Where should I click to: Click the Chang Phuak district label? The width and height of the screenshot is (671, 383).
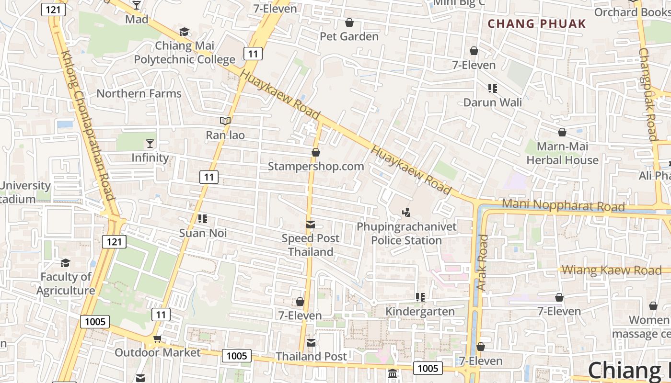click(537, 23)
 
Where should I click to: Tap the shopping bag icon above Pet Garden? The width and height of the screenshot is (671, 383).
click(349, 23)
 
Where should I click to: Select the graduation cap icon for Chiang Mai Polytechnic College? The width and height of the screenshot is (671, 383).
click(184, 32)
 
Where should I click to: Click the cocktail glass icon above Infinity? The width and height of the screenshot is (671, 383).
click(150, 143)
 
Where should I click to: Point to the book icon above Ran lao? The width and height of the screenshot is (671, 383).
click(225, 121)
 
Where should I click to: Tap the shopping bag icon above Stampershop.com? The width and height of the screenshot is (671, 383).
click(315, 153)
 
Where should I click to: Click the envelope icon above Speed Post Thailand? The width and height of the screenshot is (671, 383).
click(311, 225)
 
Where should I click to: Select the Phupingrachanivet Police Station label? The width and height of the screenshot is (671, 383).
click(406, 233)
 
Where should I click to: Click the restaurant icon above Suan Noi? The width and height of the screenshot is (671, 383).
click(203, 219)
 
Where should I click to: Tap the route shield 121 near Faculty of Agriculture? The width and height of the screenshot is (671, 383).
click(114, 242)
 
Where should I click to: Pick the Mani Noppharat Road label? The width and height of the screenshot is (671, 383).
click(563, 205)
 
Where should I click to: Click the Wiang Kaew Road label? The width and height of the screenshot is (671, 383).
click(611, 270)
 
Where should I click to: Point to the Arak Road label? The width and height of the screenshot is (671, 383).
click(482, 262)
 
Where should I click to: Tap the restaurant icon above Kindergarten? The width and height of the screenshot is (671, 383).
click(420, 297)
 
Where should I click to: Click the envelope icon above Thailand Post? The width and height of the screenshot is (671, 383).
click(311, 342)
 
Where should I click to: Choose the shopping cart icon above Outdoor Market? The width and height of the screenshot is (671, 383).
click(157, 339)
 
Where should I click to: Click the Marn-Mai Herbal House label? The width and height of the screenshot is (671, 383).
click(562, 153)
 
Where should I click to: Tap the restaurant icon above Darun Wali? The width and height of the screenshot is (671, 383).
click(492, 88)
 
